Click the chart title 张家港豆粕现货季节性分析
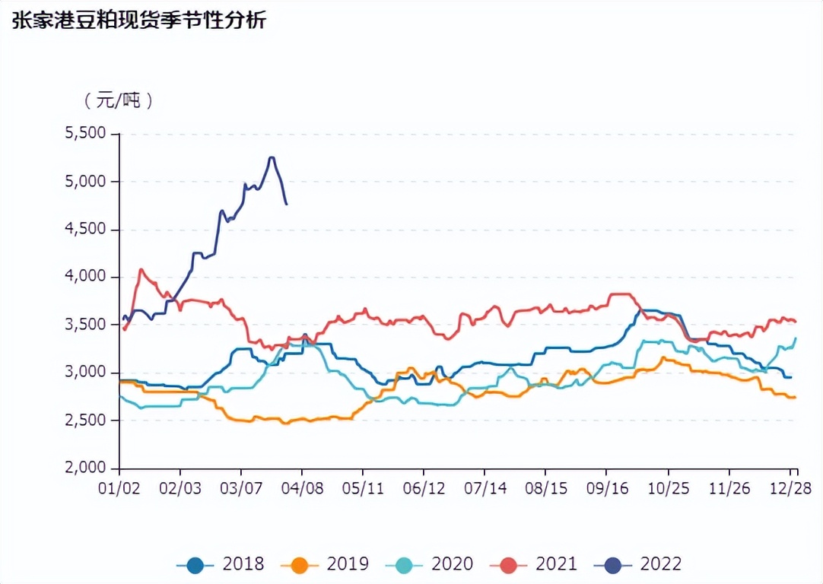tap(138, 21)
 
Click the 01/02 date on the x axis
tap(119, 487)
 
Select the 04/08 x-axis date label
tap(302, 487)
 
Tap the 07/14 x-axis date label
tap(485, 487)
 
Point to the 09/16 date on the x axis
tap(606, 487)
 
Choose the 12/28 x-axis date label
tap(792, 487)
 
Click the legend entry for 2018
tap(221, 564)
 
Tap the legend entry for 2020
tap(429, 564)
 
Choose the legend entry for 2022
tap(638, 564)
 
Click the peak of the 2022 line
tap(272, 157)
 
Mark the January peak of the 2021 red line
tap(141, 269)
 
